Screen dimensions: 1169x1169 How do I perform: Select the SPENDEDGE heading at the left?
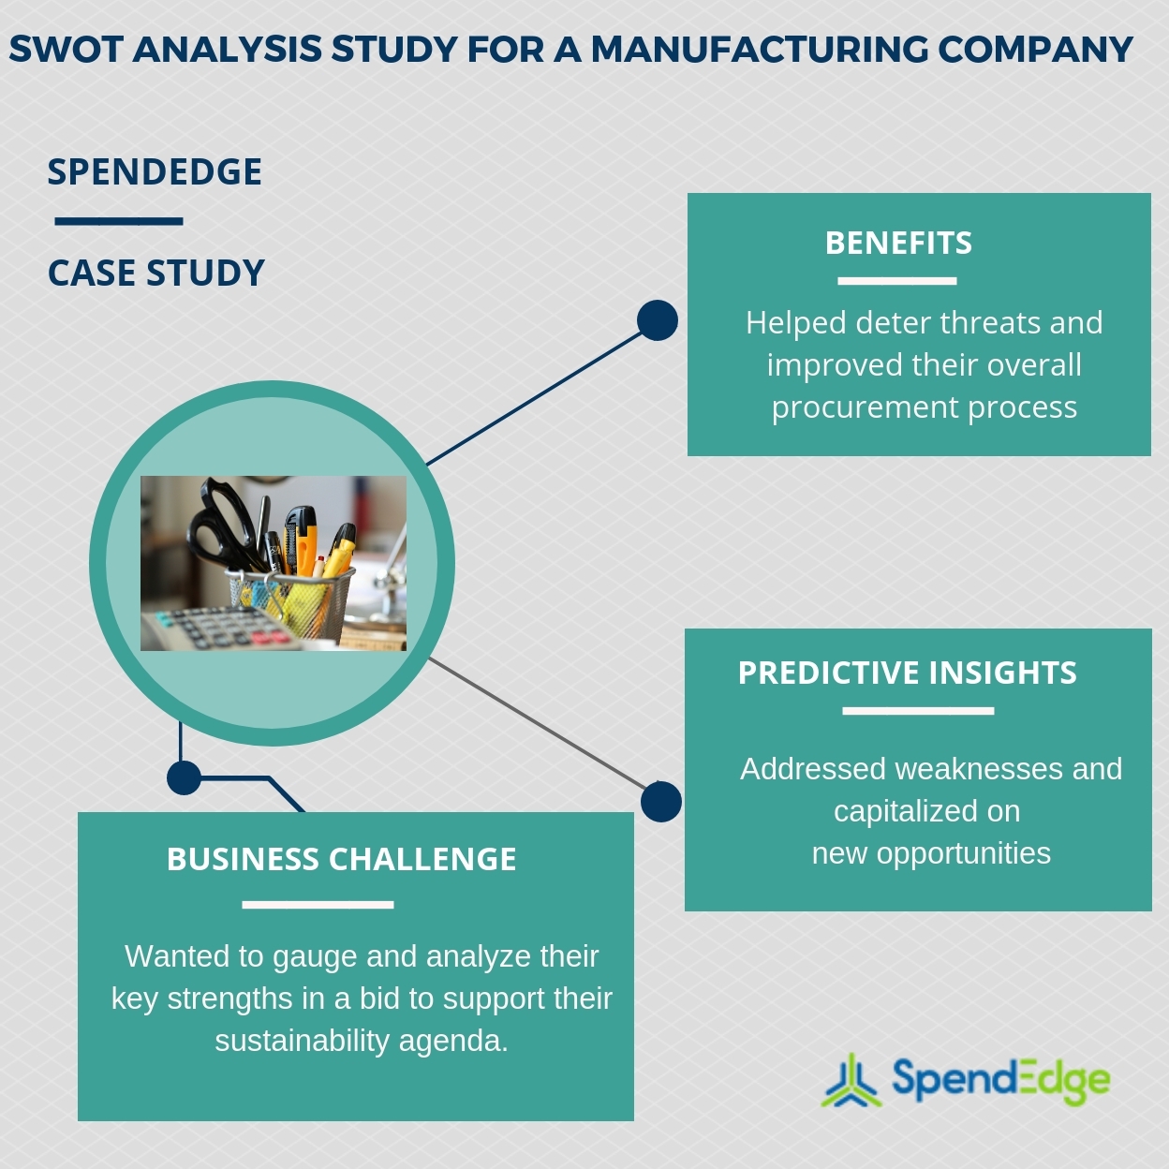(x=155, y=172)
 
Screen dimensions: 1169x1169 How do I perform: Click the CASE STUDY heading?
(x=156, y=274)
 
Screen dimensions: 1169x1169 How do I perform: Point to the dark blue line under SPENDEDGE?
(x=119, y=222)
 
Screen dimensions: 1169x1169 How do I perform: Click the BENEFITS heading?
(x=898, y=244)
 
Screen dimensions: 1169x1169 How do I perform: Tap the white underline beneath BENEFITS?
(x=896, y=281)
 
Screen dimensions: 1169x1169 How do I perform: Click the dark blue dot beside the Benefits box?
(x=658, y=320)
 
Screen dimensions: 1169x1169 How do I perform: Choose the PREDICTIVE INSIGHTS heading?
(x=907, y=673)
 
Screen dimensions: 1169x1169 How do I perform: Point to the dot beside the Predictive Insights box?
(x=661, y=802)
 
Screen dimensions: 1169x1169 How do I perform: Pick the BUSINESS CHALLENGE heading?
(x=341, y=859)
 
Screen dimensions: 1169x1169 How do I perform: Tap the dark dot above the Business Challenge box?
(x=185, y=777)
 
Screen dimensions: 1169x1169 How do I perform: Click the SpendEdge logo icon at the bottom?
(x=851, y=1081)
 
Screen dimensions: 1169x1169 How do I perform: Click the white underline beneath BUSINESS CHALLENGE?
(x=318, y=905)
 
